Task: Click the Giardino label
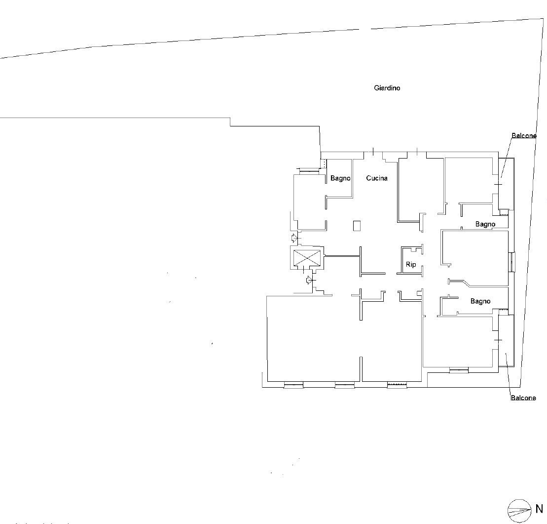tap(387, 88)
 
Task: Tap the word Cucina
tap(377, 178)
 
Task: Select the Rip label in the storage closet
tap(411, 265)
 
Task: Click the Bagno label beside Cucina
tap(340, 178)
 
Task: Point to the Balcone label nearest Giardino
tap(524, 135)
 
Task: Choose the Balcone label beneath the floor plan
tap(523, 398)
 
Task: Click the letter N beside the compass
tap(539, 508)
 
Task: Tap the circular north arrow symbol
tap(519, 511)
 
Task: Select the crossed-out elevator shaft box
tap(307, 258)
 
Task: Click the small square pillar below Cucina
tap(357, 226)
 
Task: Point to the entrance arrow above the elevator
tap(295, 238)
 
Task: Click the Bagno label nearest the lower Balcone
tap(480, 301)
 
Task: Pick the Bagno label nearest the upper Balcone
tap(485, 224)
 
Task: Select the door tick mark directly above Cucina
tap(373, 152)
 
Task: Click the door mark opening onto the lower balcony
tap(498, 340)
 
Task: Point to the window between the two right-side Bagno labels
tap(512, 262)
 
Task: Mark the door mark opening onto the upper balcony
tap(498, 184)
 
